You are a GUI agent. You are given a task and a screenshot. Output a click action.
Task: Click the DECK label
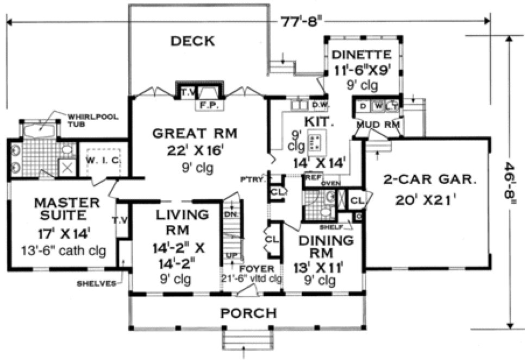click(x=192, y=41)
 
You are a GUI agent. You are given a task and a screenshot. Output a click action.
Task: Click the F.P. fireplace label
click(x=206, y=105)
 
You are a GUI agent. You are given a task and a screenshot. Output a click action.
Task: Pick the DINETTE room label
click(x=362, y=54)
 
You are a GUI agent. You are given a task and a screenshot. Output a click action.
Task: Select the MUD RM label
click(x=378, y=125)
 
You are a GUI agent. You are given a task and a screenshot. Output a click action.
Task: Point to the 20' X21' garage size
click(x=425, y=199)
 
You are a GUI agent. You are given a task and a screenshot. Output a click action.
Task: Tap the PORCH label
click(x=248, y=313)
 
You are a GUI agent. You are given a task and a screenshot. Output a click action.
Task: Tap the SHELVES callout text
click(x=95, y=283)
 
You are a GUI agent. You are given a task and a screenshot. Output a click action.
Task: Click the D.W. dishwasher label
click(x=317, y=104)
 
